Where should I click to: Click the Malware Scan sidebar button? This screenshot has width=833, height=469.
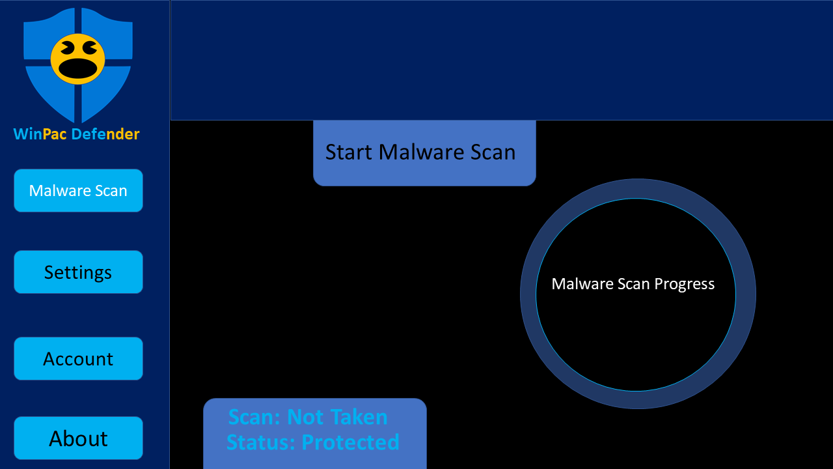(79, 191)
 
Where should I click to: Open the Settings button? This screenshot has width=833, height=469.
(79, 272)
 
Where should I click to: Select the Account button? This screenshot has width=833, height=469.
(79, 359)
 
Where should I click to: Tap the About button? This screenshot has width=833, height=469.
(79, 438)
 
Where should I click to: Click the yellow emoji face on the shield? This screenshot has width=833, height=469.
(77, 59)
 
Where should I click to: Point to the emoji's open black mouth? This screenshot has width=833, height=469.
(77, 69)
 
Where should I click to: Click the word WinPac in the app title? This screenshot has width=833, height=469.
(40, 134)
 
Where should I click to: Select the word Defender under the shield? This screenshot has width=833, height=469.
(105, 134)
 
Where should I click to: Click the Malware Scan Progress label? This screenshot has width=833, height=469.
(633, 284)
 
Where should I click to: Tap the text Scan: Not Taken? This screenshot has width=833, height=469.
(308, 416)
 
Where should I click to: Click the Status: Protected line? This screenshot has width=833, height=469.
(313, 442)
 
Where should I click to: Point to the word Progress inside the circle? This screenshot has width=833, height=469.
(684, 285)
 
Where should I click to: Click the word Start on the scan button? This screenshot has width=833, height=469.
(349, 152)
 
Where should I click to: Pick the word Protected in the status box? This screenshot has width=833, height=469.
(350, 442)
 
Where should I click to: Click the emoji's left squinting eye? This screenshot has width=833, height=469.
(67, 48)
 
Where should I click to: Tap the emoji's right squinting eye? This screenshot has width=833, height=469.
(90, 48)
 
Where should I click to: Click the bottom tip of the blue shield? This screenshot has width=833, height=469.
(78, 122)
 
